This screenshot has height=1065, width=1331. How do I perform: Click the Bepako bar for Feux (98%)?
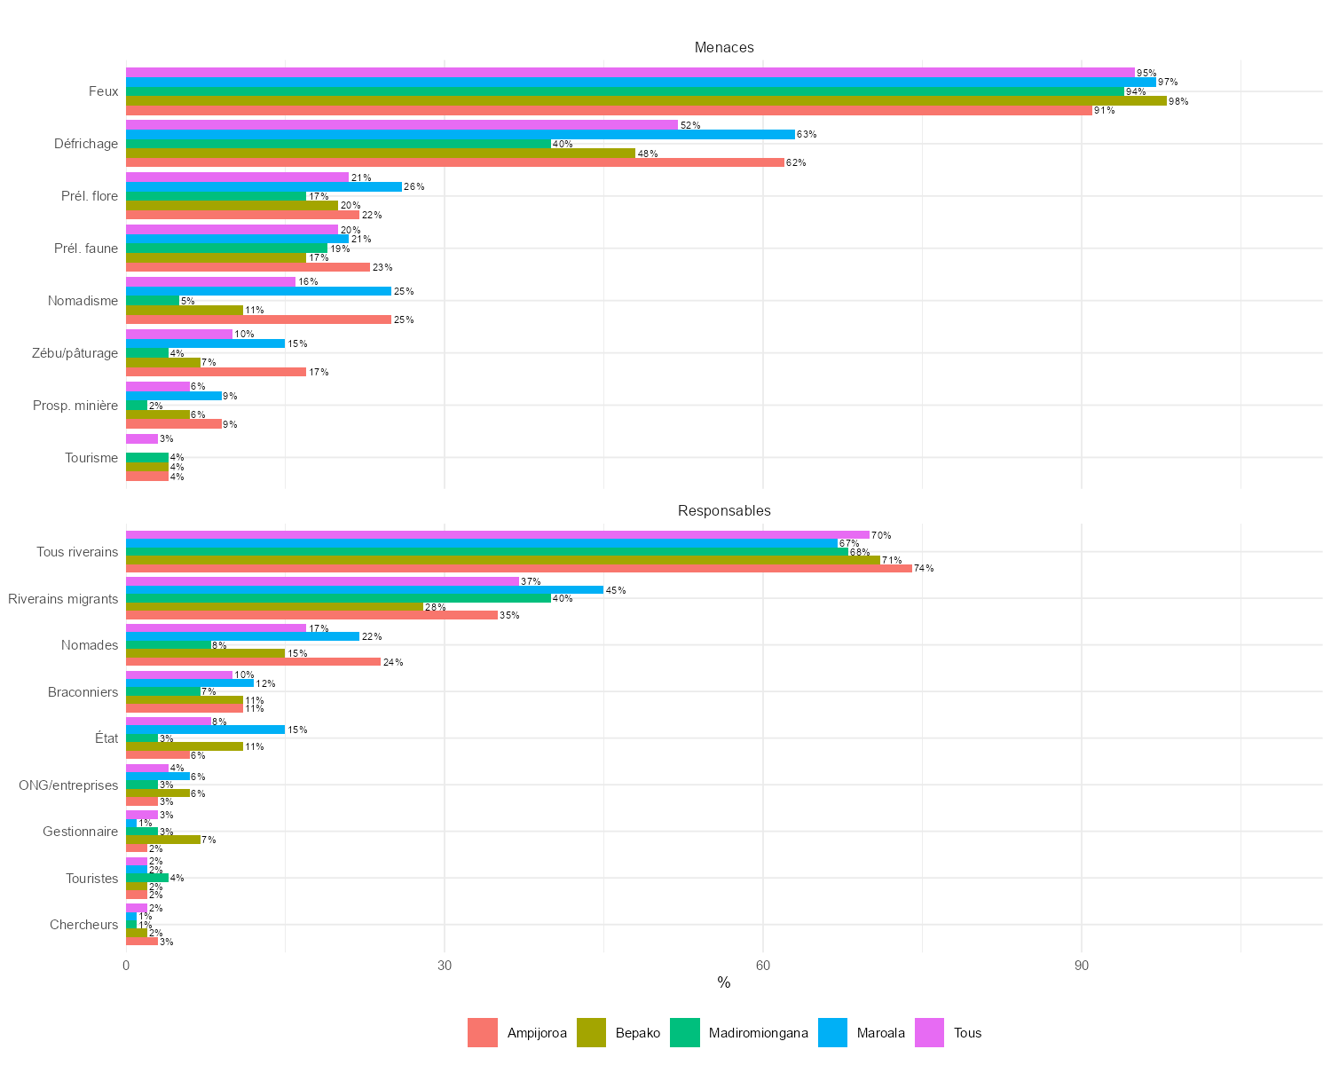click(x=646, y=101)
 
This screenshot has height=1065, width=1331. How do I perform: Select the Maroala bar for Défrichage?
click(x=460, y=135)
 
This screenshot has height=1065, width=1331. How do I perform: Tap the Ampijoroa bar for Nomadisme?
click(x=258, y=319)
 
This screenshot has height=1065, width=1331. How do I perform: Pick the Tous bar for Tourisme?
click(x=142, y=438)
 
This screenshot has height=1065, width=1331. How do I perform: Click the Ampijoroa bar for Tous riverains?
click(x=518, y=568)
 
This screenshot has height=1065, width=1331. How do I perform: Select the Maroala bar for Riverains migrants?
click(x=364, y=590)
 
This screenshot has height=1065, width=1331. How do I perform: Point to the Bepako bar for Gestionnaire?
click(x=162, y=840)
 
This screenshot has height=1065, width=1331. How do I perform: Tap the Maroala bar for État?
click(x=205, y=730)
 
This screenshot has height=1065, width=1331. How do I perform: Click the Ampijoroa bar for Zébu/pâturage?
click(x=216, y=372)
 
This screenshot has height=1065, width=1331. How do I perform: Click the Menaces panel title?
click(x=724, y=47)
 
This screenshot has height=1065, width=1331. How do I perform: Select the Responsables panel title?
click(x=724, y=510)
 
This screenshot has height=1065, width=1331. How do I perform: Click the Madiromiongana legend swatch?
click(x=684, y=1032)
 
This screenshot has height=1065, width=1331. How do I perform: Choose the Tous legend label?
click(x=967, y=1032)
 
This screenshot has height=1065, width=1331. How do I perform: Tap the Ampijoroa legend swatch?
click(x=483, y=1032)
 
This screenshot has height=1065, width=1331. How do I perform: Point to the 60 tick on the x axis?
click(x=763, y=965)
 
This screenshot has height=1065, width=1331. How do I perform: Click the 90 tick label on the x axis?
click(x=1081, y=965)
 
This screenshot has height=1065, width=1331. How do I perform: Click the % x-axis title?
click(x=724, y=982)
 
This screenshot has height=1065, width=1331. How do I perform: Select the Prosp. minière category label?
click(x=75, y=406)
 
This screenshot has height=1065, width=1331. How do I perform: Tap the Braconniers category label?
click(x=83, y=691)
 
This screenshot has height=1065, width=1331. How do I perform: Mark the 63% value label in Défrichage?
click(x=807, y=135)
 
